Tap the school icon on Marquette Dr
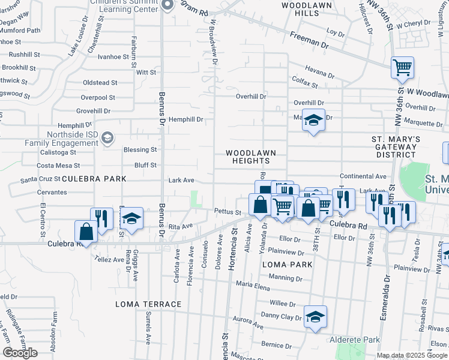[313, 121]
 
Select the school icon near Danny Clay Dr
[315, 316]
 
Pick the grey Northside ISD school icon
[107, 138]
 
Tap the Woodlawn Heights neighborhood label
[247, 157]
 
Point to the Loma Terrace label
[148, 304]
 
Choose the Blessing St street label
[140, 149]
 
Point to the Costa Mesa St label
[58, 165]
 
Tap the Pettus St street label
[228, 212]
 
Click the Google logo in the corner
[20, 353]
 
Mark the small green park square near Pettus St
[195, 199]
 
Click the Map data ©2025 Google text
[411, 355]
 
